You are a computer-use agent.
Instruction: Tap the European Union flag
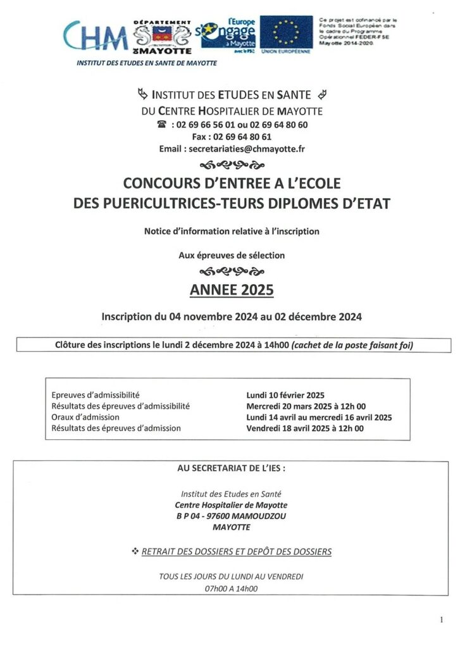click(x=286, y=34)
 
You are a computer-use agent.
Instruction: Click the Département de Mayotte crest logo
click(x=163, y=37)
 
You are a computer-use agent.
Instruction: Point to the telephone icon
click(x=162, y=125)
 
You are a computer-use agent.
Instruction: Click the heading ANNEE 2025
click(x=232, y=290)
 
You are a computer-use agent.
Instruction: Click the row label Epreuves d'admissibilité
click(x=96, y=395)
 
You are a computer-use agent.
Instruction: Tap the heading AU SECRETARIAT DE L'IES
click(x=232, y=469)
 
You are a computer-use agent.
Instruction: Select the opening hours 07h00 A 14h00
click(x=232, y=589)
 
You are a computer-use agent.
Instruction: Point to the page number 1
click(x=441, y=620)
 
